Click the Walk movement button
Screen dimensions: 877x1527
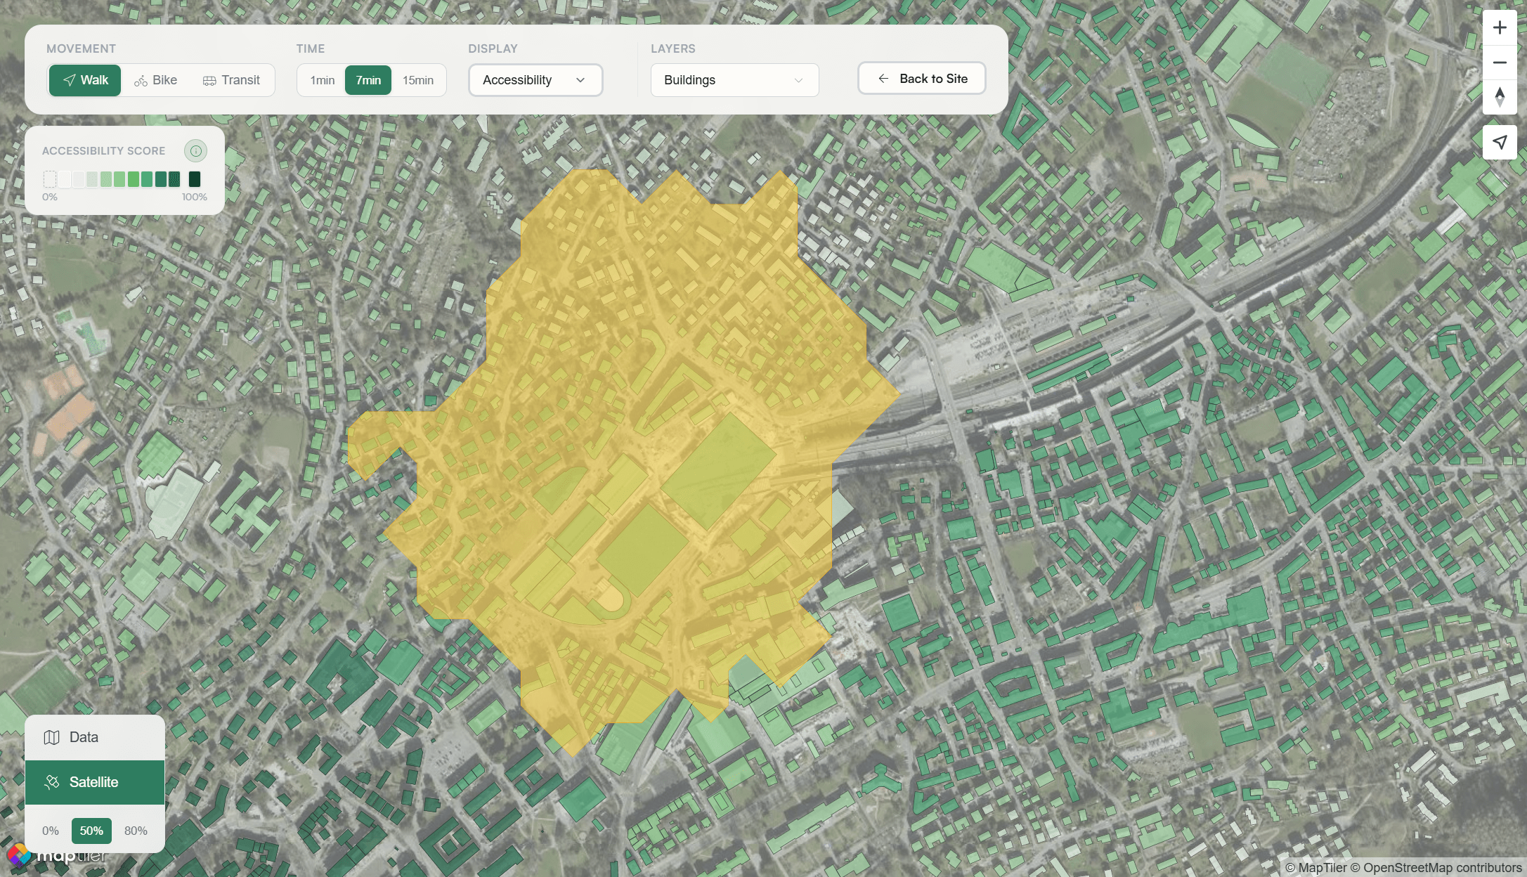85,80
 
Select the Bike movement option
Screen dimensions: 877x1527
156,80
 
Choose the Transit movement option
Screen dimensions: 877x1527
231,80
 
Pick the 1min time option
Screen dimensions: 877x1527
322,80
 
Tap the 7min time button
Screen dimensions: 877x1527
368,80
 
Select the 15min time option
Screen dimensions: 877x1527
417,80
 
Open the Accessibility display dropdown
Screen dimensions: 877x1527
535,80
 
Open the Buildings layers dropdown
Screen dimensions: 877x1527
734,80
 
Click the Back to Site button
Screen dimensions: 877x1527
921,79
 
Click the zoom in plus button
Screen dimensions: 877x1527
1500,28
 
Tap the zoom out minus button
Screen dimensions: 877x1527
1500,63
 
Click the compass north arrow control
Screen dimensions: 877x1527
1500,97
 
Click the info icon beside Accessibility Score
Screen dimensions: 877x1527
195,151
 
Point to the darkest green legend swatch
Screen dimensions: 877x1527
195,179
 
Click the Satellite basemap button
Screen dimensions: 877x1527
95,782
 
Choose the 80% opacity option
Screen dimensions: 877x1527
136,831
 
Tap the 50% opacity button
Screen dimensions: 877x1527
91,831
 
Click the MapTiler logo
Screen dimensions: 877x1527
56,855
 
